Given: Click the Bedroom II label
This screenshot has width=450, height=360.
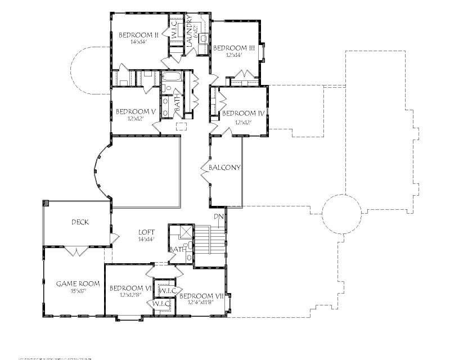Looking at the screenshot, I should (x=137, y=35).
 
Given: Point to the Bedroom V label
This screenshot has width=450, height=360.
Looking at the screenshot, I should (x=135, y=111).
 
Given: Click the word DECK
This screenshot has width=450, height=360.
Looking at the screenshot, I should (x=80, y=222).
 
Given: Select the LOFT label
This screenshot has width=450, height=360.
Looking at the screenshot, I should (x=147, y=231).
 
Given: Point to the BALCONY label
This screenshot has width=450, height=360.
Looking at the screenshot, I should (x=225, y=168).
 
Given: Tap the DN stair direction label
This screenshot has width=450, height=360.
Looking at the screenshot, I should (x=218, y=217).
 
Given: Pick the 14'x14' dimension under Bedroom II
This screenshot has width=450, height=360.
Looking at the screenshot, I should (x=137, y=42).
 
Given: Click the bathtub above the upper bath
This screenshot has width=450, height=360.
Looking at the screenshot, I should (x=172, y=76).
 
